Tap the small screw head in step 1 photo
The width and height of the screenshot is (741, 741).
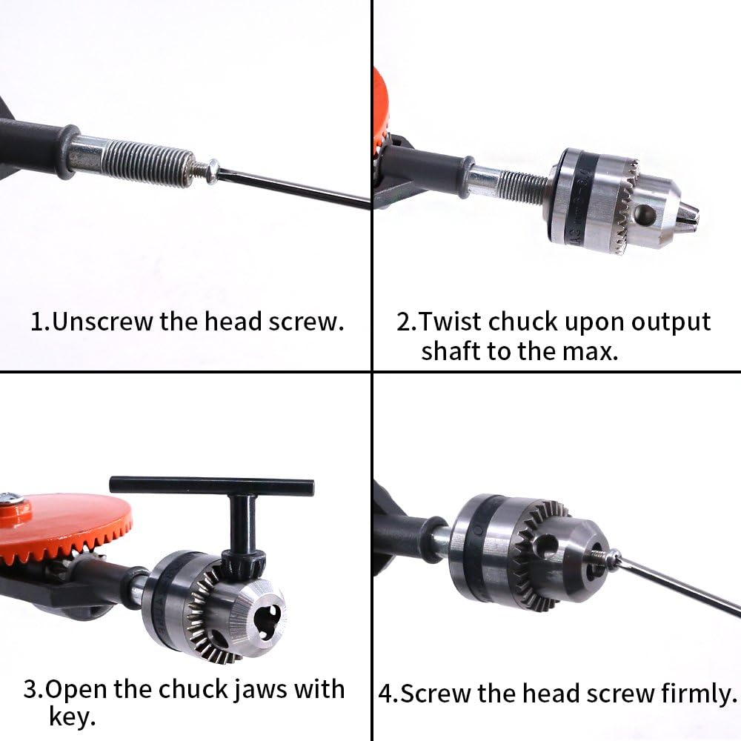click(210, 170)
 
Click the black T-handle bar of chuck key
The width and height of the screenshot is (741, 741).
click(211, 486)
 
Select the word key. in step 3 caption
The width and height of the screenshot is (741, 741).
click(72, 717)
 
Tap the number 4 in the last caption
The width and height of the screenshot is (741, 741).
click(385, 694)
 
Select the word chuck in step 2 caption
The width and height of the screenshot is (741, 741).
click(522, 322)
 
